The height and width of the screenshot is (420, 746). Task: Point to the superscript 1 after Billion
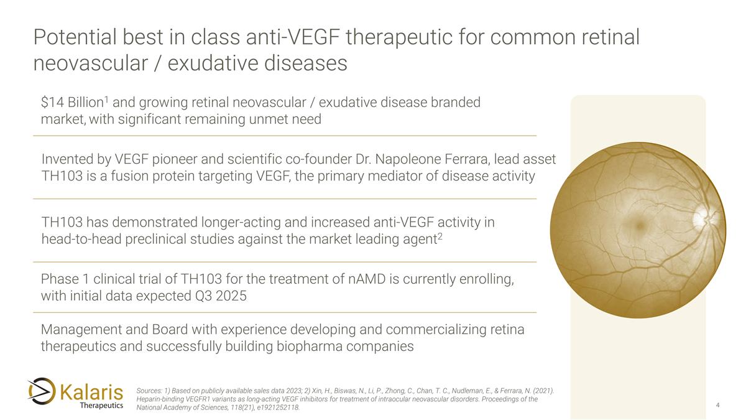click(106, 100)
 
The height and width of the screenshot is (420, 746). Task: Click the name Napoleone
click(403, 160)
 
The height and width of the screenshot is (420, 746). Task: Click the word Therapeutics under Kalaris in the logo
click(102, 406)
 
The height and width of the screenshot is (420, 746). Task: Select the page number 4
click(718, 406)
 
